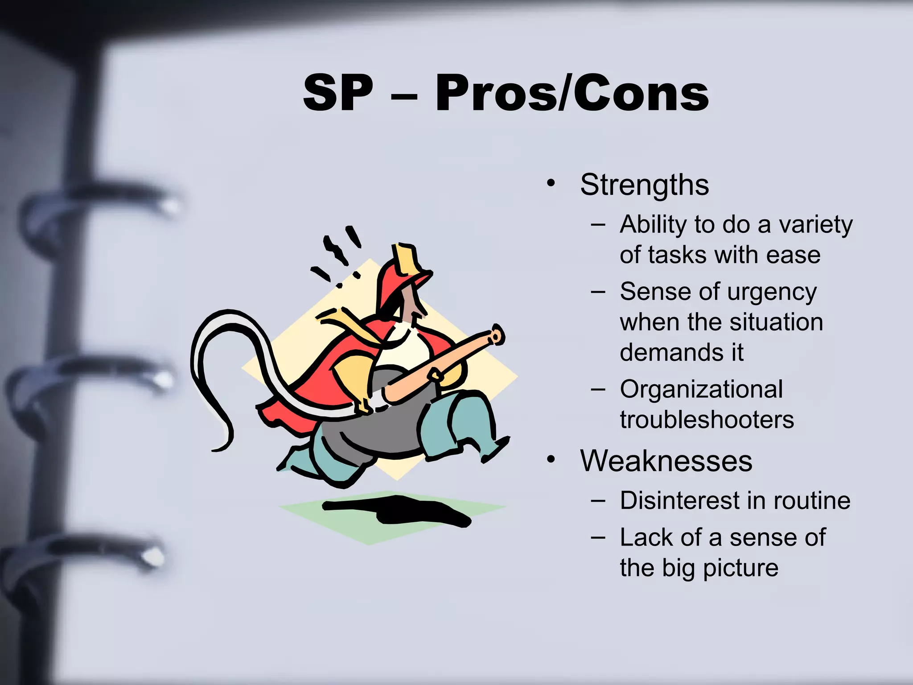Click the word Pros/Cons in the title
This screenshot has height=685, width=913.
click(x=572, y=94)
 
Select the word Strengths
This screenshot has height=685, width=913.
click(x=644, y=185)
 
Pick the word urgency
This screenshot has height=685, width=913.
click(x=772, y=292)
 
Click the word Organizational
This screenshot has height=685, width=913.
click(x=701, y=389)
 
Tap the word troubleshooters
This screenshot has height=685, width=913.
click(x=707, y=420)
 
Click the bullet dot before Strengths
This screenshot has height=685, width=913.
click(x=551, y=183)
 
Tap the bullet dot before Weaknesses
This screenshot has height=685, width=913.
click(x=551, y=459)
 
